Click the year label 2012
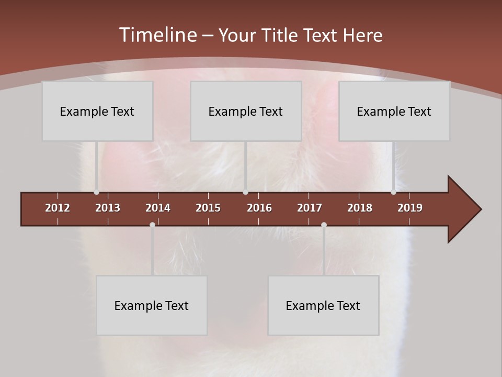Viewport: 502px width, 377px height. [58, 208]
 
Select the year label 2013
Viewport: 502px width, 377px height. [108, 208]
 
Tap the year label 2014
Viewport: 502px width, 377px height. [158, 208]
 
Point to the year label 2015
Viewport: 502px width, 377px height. [208, 208]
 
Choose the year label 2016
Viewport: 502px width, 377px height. [259, 208]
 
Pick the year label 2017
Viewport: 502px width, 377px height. [310, 208]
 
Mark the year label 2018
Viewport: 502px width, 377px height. [360, 208]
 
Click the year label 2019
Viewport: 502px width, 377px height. [410, 208]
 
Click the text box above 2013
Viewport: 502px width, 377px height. [97, 111]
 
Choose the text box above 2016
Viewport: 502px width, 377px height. [246, 111]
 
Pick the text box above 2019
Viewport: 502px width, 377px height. [394, 111]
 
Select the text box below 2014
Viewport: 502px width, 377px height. [152, 305]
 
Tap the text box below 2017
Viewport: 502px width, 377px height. [323, 305]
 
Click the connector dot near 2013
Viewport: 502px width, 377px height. [97, 192]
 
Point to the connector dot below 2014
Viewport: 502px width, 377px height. [152, 225]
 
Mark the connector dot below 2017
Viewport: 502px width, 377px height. [324, 225]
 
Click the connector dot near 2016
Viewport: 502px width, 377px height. [245, 192]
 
